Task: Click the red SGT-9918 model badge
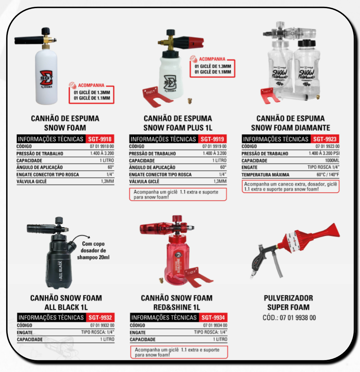[100, 139]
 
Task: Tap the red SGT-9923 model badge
[325, 139]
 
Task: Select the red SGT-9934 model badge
[213, 317]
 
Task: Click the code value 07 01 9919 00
[214, 146]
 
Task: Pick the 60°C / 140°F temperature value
[328, 175]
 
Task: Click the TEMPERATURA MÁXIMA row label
[265, 175]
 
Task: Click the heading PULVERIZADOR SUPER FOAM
[288, 302]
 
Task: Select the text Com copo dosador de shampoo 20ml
[93, 251]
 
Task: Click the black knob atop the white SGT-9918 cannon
[46, 31]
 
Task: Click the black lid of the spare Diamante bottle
[307, 43]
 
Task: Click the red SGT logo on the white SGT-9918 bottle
[46, 78]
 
